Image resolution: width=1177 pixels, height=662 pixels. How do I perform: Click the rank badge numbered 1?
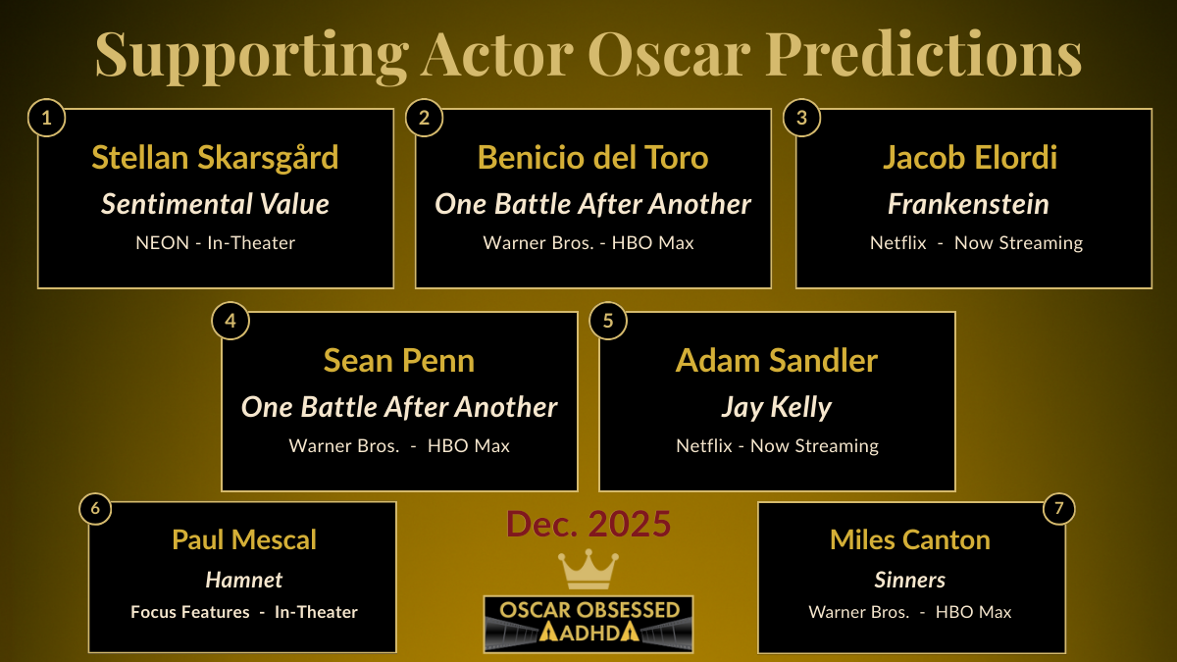(x=46, y=120)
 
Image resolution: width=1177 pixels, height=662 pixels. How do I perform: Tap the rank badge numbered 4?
(x=230, y=322)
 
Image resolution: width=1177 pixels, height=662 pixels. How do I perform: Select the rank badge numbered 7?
(x=1058, y=510)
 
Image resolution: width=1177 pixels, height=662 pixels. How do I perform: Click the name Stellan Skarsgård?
(x=215, y=158)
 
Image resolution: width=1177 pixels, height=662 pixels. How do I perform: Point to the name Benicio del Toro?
(x=592, y=158)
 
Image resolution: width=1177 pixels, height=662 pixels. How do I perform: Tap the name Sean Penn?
(x=399, y=361)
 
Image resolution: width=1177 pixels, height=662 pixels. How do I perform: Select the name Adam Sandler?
(x=776, y=361)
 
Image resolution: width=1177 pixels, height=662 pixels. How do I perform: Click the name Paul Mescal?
(x=244, y=539)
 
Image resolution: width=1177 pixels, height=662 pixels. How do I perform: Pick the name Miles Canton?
(x=910, y=539)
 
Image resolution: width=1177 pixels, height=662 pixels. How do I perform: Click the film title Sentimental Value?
(x=215, y=204)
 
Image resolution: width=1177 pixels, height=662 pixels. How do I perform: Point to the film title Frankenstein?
(x=969, y=204)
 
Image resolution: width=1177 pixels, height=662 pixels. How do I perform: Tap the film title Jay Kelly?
(x=776, y=406)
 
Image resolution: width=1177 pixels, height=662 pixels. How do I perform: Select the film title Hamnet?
(x=244, y=580)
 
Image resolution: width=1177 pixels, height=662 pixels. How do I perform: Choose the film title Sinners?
(x=910, y=580)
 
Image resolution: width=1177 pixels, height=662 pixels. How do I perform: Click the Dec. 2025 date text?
(x=588, y=525)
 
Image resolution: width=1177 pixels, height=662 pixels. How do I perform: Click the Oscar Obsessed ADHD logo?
(x=588, y=624)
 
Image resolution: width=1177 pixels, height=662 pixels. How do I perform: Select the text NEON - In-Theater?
(x=215, y=243)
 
